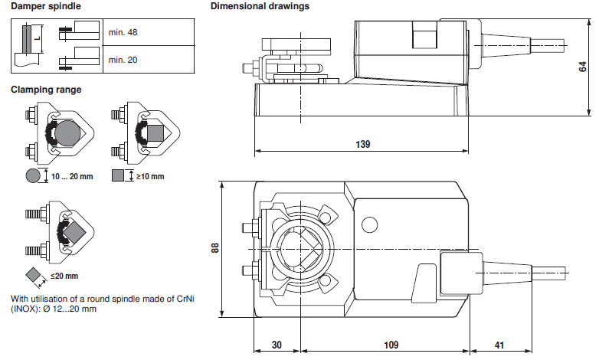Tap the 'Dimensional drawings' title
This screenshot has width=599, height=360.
click(x=260, y=6)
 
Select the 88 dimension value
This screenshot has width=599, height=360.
click(x=215, y=249)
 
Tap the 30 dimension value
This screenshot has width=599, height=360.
click(x=277, y=345)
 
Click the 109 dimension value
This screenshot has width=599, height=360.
click(x=391, y=345)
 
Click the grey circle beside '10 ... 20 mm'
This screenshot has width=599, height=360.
click(x=33, y=176)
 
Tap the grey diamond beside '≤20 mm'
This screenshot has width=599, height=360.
click(x=33, y=274)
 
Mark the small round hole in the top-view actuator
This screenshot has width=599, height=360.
click(x=370, y=225)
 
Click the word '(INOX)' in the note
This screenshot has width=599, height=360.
click(x=25, y=309)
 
